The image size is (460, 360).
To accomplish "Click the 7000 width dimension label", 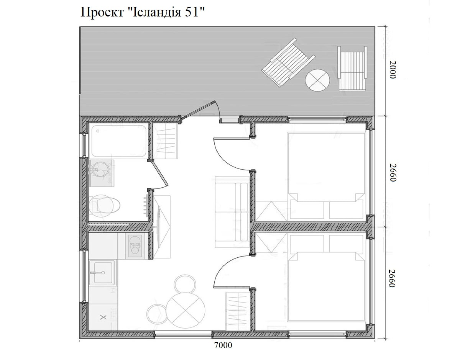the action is (223, 345).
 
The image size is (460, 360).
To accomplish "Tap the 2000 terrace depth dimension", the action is (392, 70).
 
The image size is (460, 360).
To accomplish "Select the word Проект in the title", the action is (102, 13).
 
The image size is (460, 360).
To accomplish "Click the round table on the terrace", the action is (317, 80).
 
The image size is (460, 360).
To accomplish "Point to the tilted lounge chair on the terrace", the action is (288, 62).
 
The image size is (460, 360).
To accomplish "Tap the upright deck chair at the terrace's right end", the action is (352, 69).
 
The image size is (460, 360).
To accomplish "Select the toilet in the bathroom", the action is (104, 205).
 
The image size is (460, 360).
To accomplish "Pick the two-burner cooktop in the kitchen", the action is (135, 245).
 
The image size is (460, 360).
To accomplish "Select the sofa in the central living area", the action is (232, 212).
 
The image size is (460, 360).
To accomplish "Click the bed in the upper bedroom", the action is (326, 176).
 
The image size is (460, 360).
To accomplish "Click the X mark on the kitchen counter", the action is (103, 317).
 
